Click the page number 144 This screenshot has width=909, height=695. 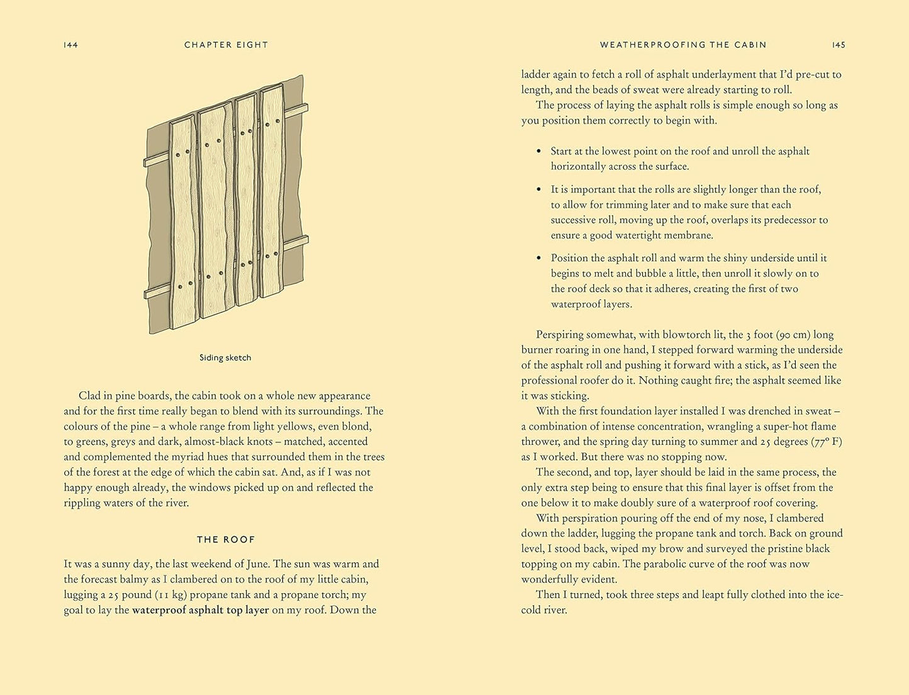(70, 45)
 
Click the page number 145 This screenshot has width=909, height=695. (839, 45)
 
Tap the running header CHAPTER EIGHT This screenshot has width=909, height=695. (226, 45)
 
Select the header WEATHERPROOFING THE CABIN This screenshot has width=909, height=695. (683, 45)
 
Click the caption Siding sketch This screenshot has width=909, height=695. (225, 358)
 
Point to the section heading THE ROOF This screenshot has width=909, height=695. (226, 540)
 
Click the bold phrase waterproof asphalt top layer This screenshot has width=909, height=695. (200, 610)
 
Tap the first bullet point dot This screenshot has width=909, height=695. (538, 152)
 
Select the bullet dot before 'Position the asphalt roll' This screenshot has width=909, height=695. (538, 258)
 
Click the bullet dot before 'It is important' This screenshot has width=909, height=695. (538, 189)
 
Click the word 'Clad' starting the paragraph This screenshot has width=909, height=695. (90, 396)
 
